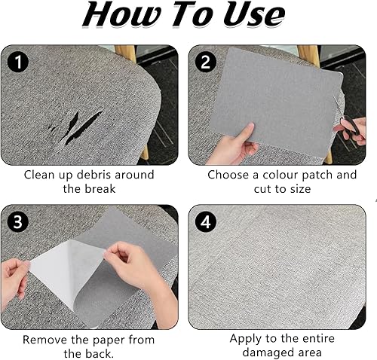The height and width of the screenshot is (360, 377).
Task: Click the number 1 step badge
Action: point(18,62)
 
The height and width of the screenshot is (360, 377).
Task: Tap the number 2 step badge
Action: point(206,62)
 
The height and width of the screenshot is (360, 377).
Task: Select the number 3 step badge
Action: point(18,222)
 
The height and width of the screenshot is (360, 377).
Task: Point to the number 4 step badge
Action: point(206,222)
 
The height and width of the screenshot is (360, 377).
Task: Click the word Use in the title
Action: point(253,15)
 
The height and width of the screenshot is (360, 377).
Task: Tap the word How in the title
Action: point(121,15)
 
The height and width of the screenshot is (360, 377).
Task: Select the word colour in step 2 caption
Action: point(280,175)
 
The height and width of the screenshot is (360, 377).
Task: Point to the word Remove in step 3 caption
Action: point(45,340)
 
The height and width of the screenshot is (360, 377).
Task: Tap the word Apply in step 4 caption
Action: point(244,339)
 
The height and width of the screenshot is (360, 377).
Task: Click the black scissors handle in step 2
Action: point(352,127)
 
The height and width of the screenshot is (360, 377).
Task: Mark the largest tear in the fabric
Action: point(84,128)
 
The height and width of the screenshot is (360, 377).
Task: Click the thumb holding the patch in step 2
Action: point(245,131)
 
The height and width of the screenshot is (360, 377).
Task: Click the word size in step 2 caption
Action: point(300,189)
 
